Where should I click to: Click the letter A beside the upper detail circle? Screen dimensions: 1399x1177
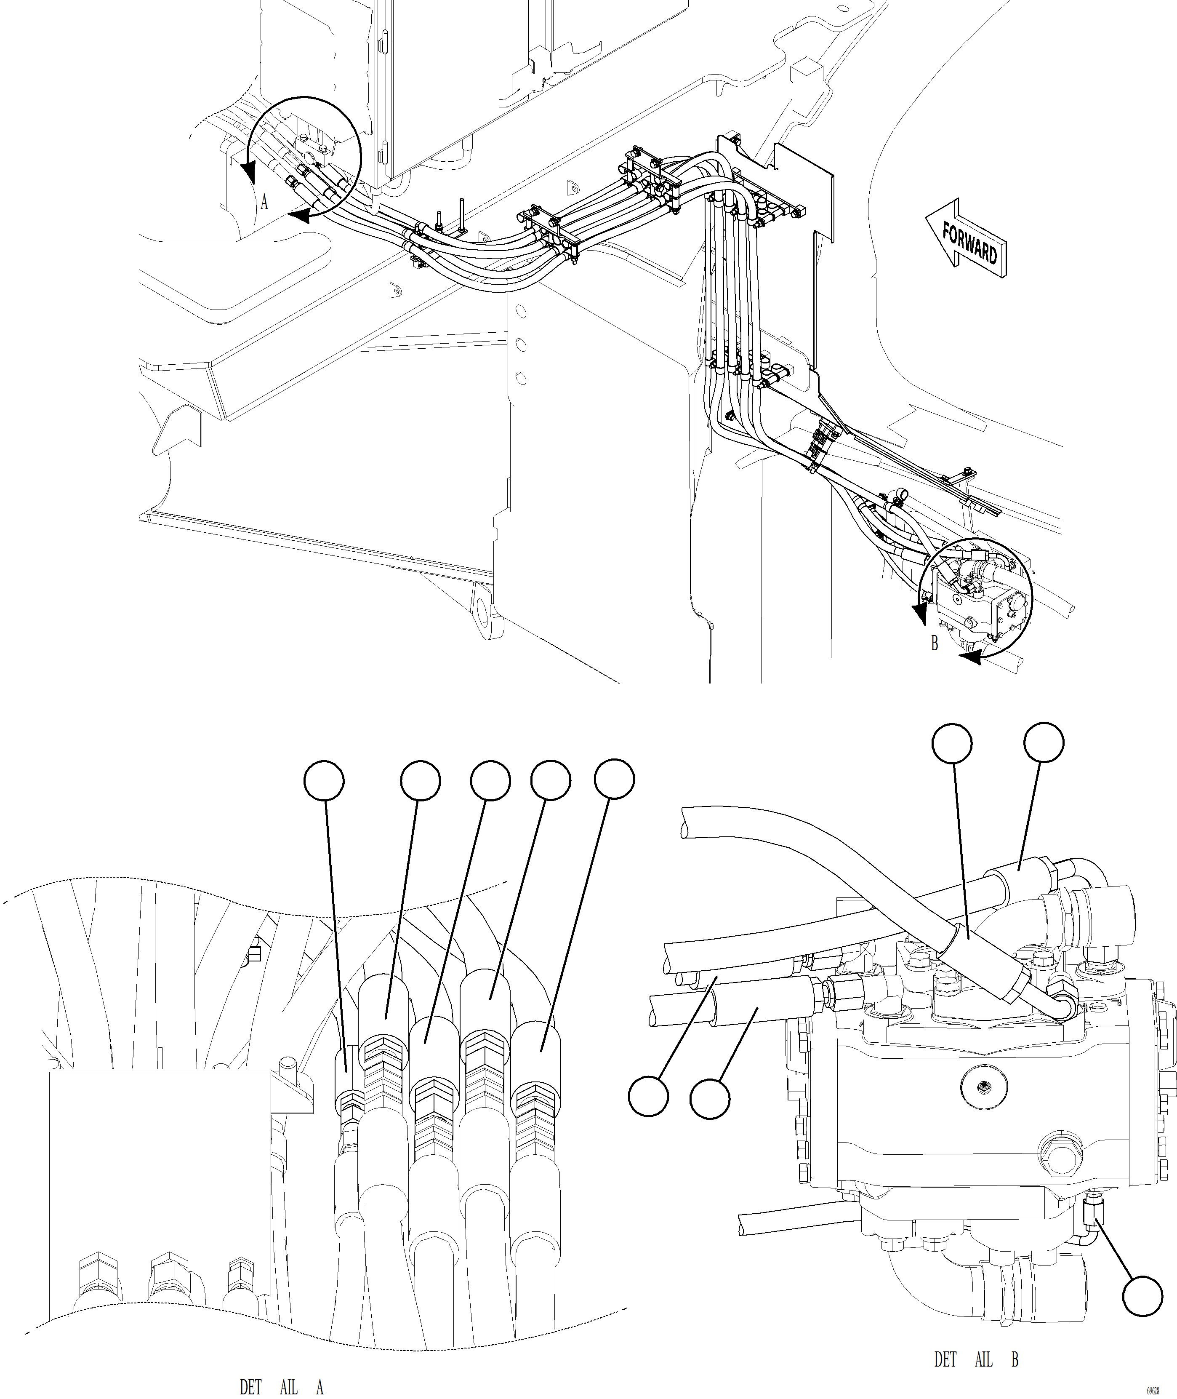click(264, 202)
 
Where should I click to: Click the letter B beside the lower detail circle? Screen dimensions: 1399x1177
click(935, 643)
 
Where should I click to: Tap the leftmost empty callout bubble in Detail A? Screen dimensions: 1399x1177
click(324, 780)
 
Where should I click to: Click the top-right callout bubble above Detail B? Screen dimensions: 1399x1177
click(1044, 742)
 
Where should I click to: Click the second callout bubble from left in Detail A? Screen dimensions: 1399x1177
click(421, 780)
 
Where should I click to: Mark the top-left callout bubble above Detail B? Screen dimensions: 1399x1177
click(951, 744)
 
